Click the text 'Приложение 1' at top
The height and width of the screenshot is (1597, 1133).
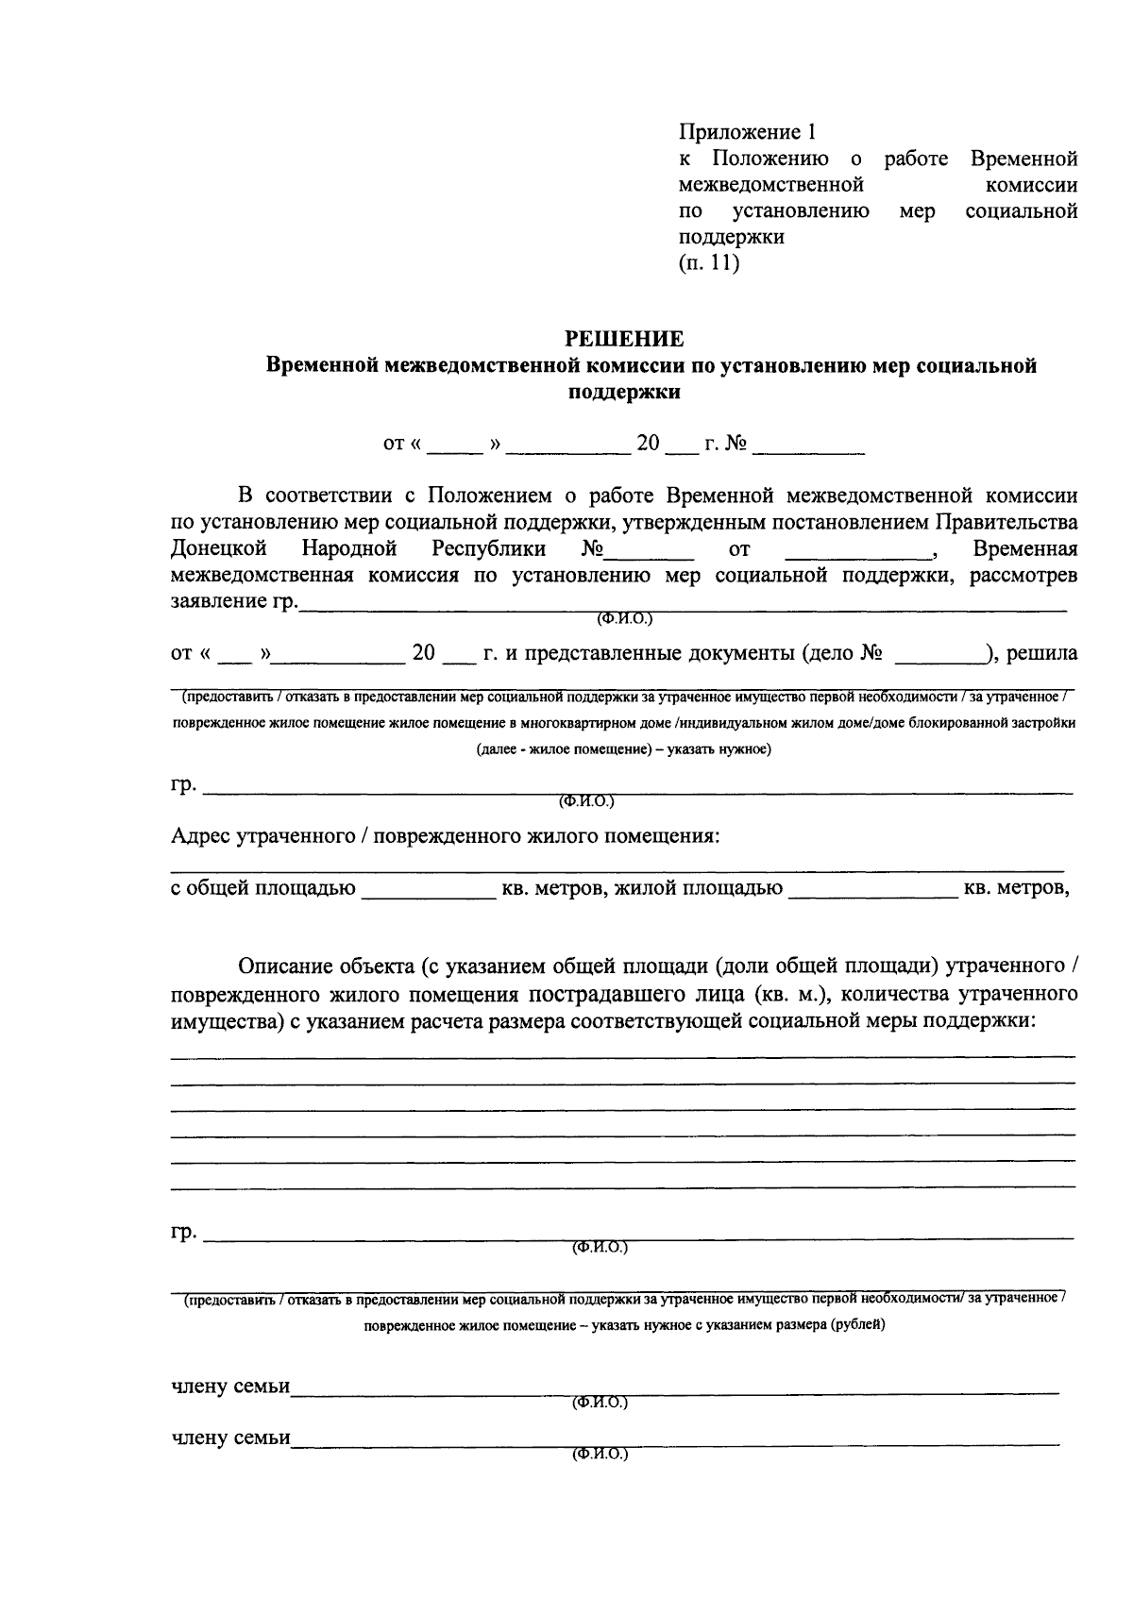pos(745,132)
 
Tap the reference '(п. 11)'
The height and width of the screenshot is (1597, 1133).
pos(708,263)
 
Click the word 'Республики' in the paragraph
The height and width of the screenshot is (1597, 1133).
pos(488,548)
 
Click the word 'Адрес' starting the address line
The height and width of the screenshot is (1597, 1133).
pos(201,835)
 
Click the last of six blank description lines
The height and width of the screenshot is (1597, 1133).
pos(623,1186)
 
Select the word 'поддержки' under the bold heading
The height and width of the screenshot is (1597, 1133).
pos(624,392)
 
